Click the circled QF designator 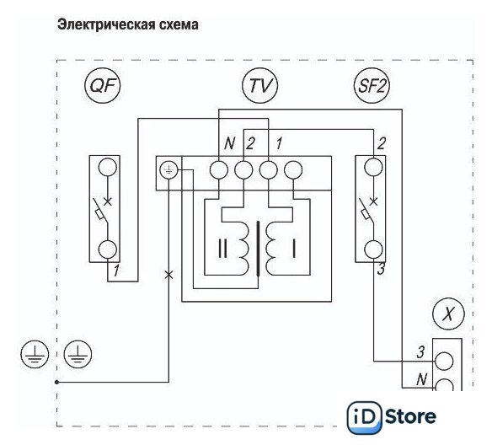pyautogui.click(x=102, y=85)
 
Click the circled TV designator pyautogui.click(x=260, y=85)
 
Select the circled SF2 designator pyautogui.click(x=372, y=85)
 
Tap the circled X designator pyautogui.click(x=448, y=314)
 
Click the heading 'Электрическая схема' pyautogui.click(x=128, y=24)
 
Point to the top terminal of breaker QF pyautogui.click(x=108, y=167)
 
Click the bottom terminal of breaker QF pyautogui.click(x=108, y=249)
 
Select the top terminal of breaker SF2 pyautogui.click(x=373, y=167)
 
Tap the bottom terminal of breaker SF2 pyautogui.click(x=373, y=249)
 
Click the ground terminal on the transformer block pyautogui.click(x=168, y=170)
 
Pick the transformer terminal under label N pyautogui.click(x=219, y=170)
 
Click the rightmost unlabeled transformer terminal pyautogui.click(x=293, y=170)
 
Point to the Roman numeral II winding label pyautogui.click(x=222, y=249)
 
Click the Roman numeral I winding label pyautogui.click(x=294, y=249)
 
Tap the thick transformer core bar pyautogui.click(x=259, y=249)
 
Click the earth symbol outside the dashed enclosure pyautogui.click(x=35, y=354)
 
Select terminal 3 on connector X pyautogui.click(x=444, y=361)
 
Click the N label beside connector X pyautogui.click(x=421, y=379)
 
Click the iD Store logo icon pyautogui.click(x=364, y=417)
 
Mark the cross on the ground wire pyautogui.click(x=168, y=275)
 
